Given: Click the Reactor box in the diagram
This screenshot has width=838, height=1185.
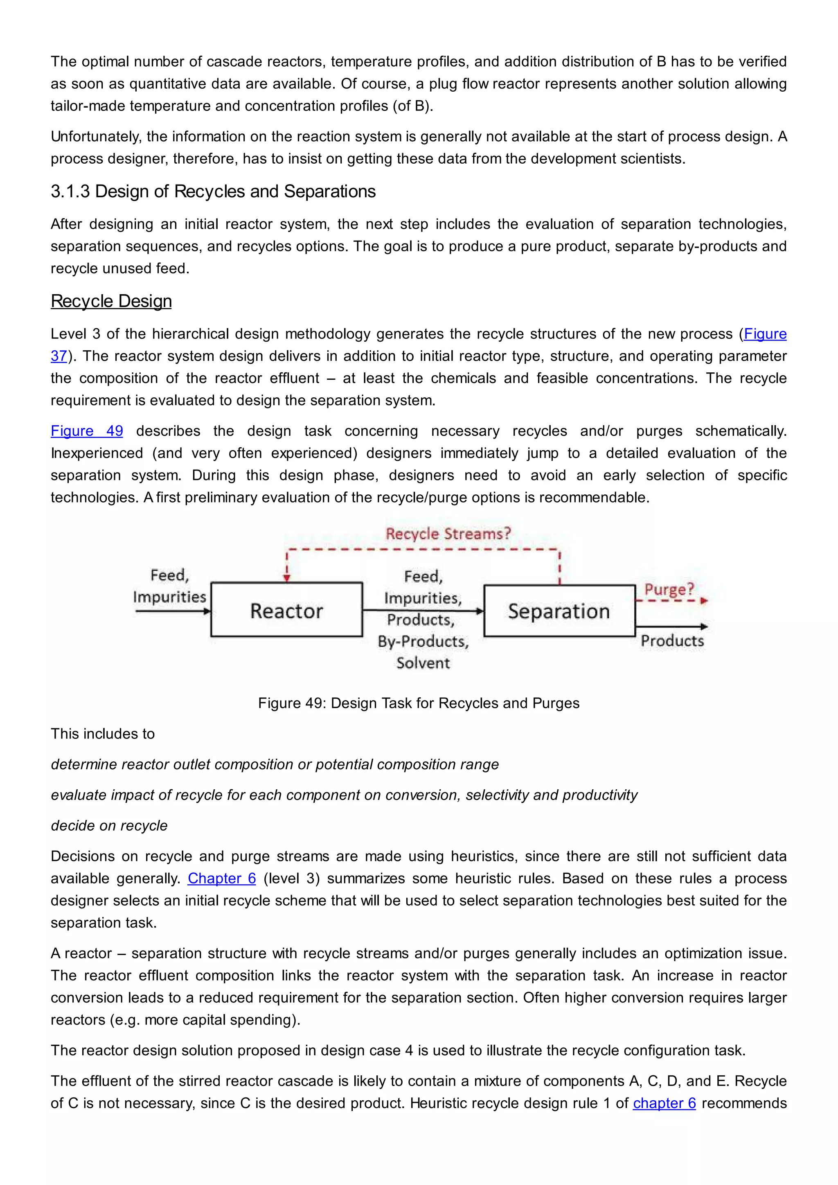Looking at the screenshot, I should point(286,610).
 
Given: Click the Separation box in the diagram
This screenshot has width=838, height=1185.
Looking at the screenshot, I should point(559,611).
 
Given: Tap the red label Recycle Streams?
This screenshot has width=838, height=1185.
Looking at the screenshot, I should point(448,534).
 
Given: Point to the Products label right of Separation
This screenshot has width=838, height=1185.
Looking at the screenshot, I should point(672,641).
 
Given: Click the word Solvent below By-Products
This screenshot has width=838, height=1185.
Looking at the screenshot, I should point(423,663).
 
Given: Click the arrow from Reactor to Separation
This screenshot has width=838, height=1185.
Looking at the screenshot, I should point(423,611).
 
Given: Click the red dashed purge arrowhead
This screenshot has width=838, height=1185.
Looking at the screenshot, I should point(704,601).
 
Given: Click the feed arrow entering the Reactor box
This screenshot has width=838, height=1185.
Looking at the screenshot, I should point(172,612).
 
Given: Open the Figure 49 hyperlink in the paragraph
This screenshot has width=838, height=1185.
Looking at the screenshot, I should point(87,431).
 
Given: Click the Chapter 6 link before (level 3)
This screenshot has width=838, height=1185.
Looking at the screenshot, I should point(221,879).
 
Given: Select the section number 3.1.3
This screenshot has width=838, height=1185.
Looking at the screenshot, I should point(70,191).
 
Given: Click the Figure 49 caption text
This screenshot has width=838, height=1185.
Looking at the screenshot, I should point(419,703).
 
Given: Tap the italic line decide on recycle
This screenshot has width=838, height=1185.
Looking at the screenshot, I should point(109,826).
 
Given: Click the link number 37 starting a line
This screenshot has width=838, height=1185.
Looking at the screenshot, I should point(59,356).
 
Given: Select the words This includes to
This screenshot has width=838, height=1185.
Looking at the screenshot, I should point(103,734).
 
